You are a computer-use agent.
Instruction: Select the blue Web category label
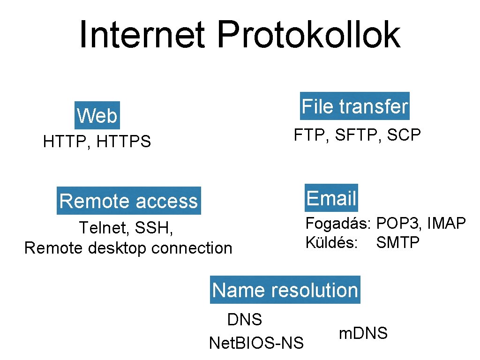[97, 115]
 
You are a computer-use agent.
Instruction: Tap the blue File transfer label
[355, 106]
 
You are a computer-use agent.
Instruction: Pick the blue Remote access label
[128, 201]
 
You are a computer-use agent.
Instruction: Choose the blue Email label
[331, 198]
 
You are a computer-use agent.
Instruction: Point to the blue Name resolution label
[285, 290]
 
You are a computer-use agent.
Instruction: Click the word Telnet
[104, 228]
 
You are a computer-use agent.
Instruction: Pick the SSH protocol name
[154, 228]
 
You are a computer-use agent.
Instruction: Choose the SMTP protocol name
[397, 243]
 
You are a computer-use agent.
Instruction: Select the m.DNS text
[363, 333]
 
